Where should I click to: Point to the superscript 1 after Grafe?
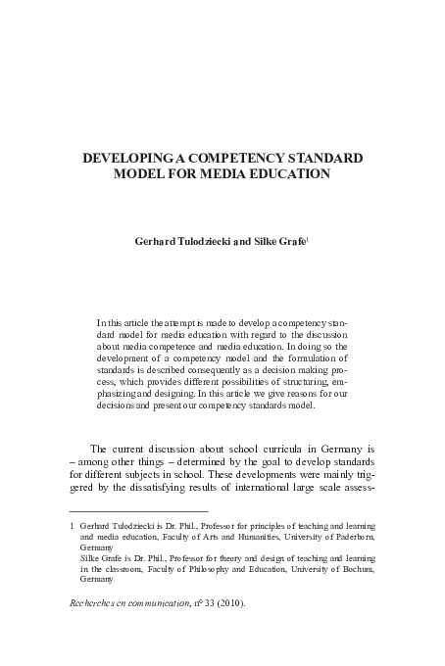click(309, 233)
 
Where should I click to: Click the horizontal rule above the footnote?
click(138, 509)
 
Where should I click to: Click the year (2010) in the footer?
click(240, 604)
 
